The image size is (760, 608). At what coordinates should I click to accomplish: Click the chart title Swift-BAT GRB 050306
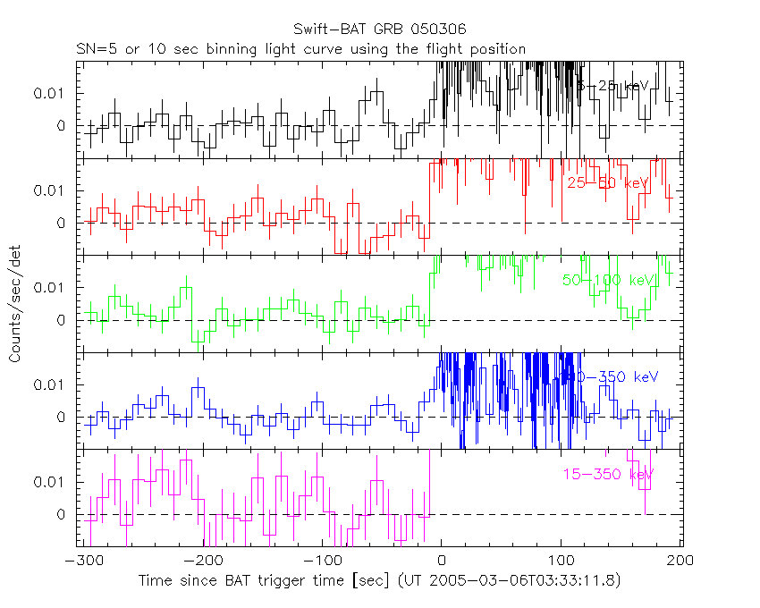[x=380, y=30]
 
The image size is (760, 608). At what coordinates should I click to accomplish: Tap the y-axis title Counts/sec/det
[x=15, y=305]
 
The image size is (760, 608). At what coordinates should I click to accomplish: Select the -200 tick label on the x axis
[x=205, y=560]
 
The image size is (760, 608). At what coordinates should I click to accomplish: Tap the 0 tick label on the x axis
[x=442, y=560]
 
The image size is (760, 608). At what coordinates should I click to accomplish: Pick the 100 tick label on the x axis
[x=562, y=560]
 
